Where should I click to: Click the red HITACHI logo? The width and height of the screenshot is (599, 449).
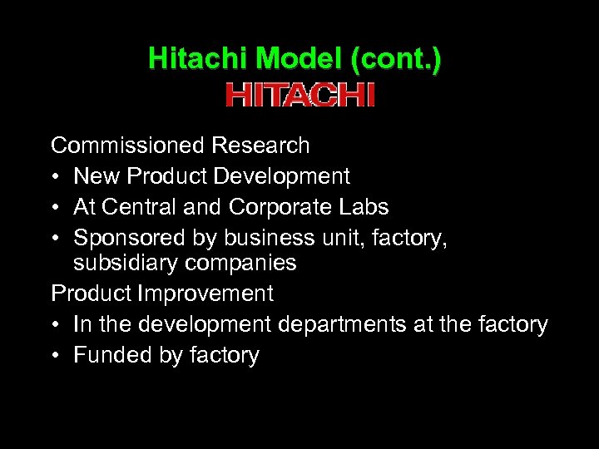(299, 95)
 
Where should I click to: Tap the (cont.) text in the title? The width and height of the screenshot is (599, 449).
(397, 58)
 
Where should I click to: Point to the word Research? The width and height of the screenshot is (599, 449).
(260, 146)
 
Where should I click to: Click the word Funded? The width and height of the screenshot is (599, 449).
(107, 355)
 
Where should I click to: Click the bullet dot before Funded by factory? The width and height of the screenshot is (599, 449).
(56, 356)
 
